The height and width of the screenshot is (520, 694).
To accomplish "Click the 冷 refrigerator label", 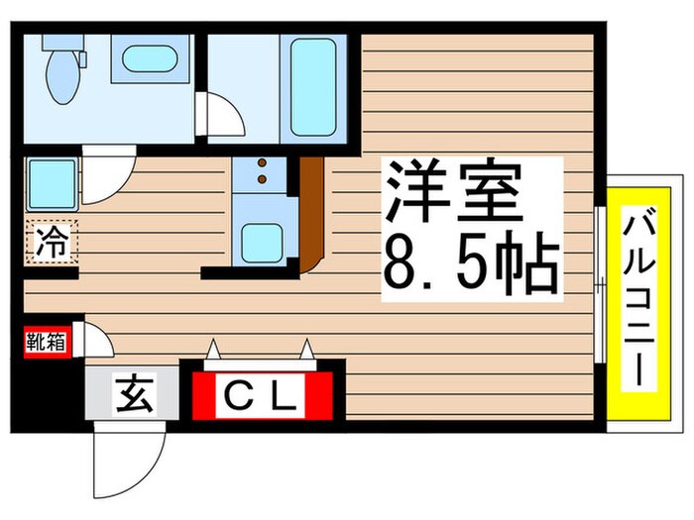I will pyautogui.click(x=51, y=241).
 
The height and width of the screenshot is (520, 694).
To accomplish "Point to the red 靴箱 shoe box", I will pyautogui.click(x=46, y=343).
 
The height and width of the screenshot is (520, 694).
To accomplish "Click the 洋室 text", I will pyautogui.click(x=454, y=194).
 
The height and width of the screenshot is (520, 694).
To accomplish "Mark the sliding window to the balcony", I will pyautogui.click(x=600, y=287).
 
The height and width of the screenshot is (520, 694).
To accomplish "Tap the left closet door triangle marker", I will pyautogui.click(x=212, y=348).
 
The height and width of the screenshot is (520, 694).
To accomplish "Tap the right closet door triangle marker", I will pyautogui.click(x=308, y=348).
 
